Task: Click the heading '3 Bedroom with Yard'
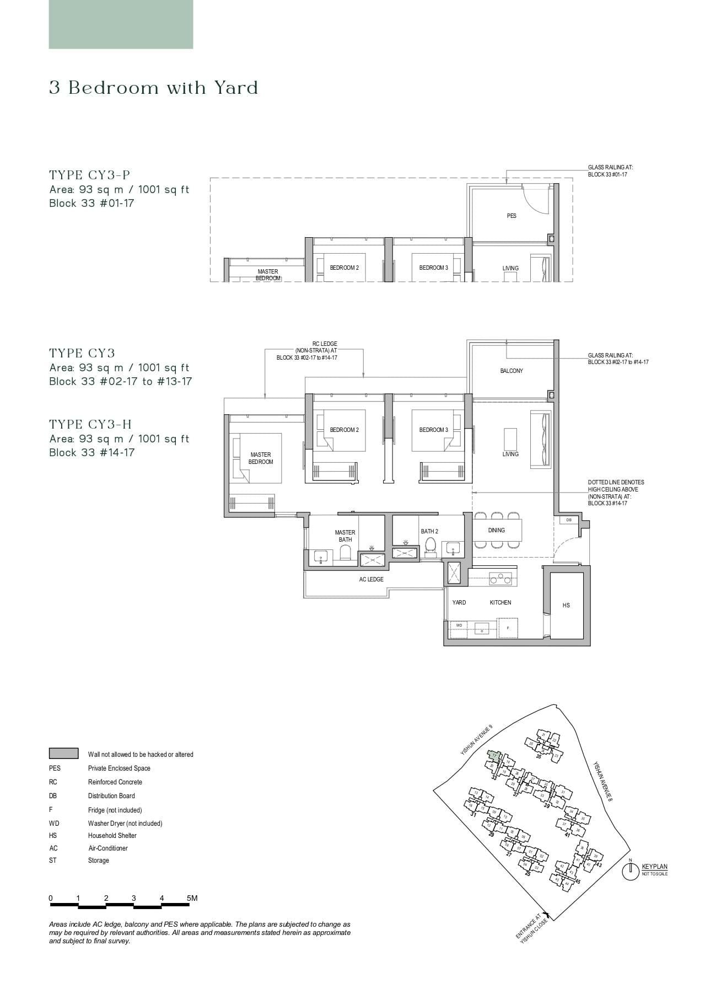tap(153, 88)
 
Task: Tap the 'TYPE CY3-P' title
tap(89, 175)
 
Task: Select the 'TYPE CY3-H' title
tap(90, 424)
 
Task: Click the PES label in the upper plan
tap(512, 216)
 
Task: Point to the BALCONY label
tap(512, 371)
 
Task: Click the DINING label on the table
tap(496, 530)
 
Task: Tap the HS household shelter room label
tap(566, 605)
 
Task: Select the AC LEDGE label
tap(371, 579)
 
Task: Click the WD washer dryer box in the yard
tap(459, 626)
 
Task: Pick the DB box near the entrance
tap(569, 520)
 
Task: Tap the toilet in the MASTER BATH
tap(346, 552)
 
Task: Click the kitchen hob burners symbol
tap(500, 579)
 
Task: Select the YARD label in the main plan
tap(459, 602)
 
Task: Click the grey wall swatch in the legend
tap(63, 753)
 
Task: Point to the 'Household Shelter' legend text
tap(112, 835)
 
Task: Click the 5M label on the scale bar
tap(192, 898)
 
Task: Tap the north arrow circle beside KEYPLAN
tap(630, 872)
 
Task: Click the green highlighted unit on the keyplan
tap(494, 756)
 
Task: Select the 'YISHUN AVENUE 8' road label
tap(602, 781)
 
